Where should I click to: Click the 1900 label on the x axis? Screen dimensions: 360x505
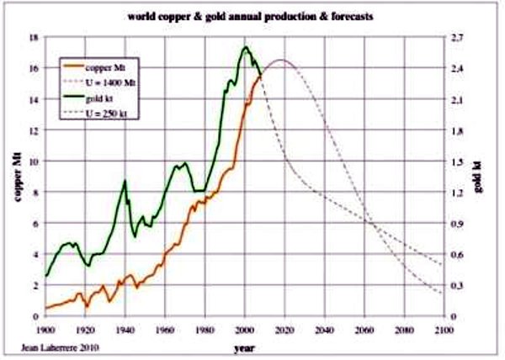tap(45, 329)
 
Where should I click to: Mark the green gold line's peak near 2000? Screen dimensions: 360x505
tap(245, 47)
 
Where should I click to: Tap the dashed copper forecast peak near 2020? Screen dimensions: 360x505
tap(280, 60)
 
